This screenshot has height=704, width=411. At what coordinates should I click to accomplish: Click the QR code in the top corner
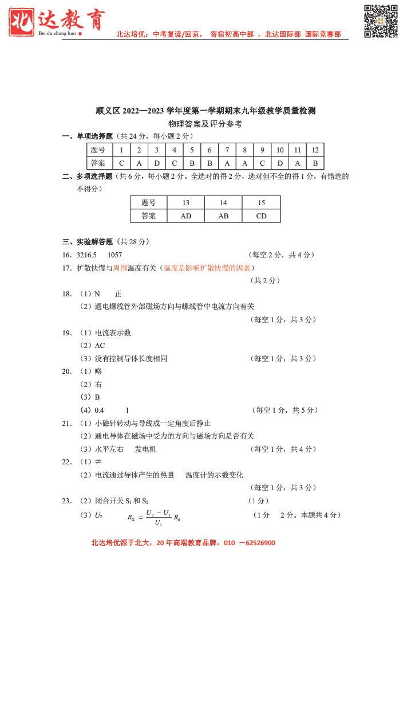[381, 21]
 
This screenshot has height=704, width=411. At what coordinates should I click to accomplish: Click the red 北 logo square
[22, 22]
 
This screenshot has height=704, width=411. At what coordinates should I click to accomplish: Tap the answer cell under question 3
[157, 163]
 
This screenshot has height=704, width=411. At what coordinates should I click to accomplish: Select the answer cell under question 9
[262, 163]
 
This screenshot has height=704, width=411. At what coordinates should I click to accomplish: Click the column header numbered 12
[315, 150]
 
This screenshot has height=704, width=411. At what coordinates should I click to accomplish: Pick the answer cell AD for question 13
[185, 216]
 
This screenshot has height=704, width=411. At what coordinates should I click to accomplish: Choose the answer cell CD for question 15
[261, 216]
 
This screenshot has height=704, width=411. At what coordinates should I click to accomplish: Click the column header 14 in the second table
[223, 203]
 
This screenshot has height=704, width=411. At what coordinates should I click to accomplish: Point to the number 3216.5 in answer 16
[86, 255]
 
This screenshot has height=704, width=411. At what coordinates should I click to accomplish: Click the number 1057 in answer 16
[114, 255]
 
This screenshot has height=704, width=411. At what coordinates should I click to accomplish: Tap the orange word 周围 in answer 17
[120, 268]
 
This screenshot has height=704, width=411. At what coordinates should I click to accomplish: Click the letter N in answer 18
[97, 294]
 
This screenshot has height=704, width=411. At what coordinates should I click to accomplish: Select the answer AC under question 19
[100, 345]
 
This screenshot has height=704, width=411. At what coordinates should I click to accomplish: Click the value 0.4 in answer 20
[99, 410]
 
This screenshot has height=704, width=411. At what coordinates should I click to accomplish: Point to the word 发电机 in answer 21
[145, 449]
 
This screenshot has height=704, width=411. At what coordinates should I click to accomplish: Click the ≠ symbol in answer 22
[98, 462]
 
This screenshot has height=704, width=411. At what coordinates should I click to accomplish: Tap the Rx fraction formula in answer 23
[154, 517]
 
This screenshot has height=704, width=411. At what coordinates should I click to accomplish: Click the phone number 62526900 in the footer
[256, 543]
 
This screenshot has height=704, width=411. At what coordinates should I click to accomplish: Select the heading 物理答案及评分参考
[205, 124]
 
